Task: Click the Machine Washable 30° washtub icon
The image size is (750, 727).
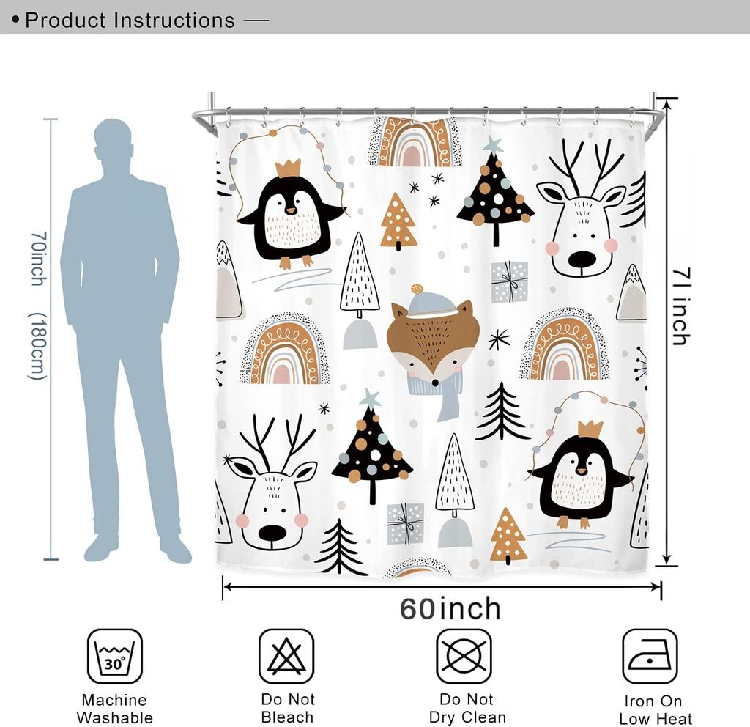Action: (115, 656)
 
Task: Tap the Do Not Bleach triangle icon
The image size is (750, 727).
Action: (286, 656)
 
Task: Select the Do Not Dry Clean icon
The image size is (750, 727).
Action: (464, 656)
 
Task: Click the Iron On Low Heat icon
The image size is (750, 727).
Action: (650, 656)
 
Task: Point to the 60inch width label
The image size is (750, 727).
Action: (450, 609)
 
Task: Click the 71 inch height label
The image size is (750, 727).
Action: (680, 306)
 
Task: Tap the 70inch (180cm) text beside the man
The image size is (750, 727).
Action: (38, 305)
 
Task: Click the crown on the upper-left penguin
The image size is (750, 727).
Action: (289, 168)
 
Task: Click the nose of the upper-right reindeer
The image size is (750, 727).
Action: (582, 259)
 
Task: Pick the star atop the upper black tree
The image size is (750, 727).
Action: (493, 144)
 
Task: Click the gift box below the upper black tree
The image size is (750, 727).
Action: (509, 281)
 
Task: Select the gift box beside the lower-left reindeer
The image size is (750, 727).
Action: (406, 523)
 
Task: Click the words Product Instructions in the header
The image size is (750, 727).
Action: (130, 20)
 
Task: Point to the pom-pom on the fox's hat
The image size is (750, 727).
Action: (417, 289)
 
